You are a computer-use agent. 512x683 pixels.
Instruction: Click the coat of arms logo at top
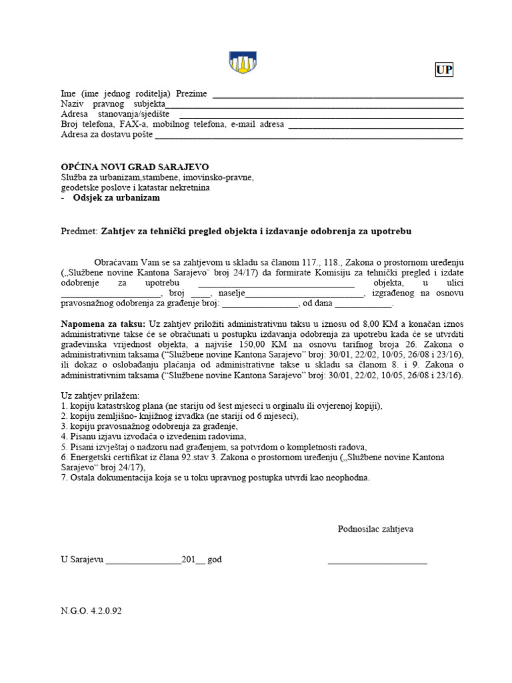243,62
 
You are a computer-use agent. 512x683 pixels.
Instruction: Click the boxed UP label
444,70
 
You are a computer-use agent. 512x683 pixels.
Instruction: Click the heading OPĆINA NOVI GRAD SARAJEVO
135,166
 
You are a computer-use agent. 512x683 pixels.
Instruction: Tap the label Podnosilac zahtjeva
375,529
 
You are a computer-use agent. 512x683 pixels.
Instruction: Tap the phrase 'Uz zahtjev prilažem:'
100,395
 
